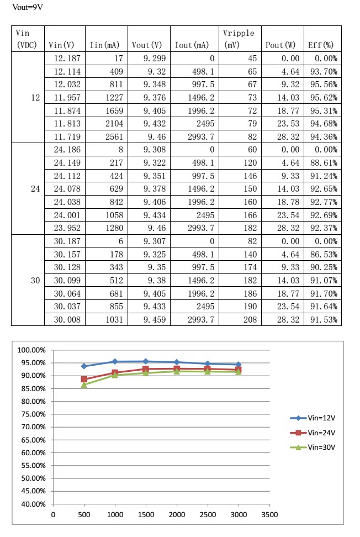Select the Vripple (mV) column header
239,39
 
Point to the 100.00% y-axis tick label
32,350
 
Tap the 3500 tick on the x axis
269,515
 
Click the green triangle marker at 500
84,385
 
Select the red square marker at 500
84,379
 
